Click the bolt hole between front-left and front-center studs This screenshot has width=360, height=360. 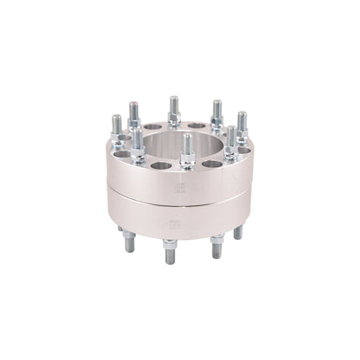[160, 164]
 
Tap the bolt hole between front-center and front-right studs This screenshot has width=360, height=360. [212, 162]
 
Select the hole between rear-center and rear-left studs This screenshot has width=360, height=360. [153, 126]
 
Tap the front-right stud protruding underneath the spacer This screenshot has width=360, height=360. [216, 247]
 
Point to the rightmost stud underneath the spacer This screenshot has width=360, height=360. [238, 232]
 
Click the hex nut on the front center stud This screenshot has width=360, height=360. [187, 160]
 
